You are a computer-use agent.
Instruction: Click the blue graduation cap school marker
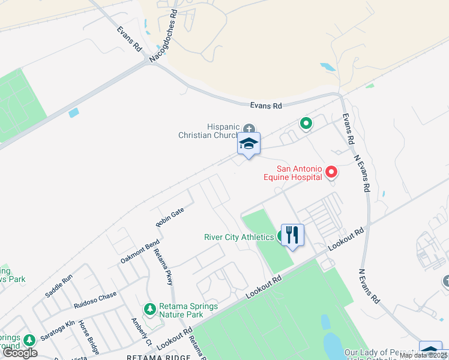pos(249,145)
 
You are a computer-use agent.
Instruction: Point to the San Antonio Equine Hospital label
pos(292,173)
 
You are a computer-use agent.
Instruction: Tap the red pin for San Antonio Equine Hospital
pos(331,173)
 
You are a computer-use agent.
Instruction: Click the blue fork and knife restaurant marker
pos(292,235)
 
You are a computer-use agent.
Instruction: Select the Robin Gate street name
pos(170,217)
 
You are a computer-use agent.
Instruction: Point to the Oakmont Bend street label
pos(140,251)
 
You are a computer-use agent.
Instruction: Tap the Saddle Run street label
pos(59,286)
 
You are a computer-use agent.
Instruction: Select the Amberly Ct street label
pos(141,331)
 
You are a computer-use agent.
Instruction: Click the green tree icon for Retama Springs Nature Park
pos(149,310)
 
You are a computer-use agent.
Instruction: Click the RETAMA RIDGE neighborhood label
pos(158,356)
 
